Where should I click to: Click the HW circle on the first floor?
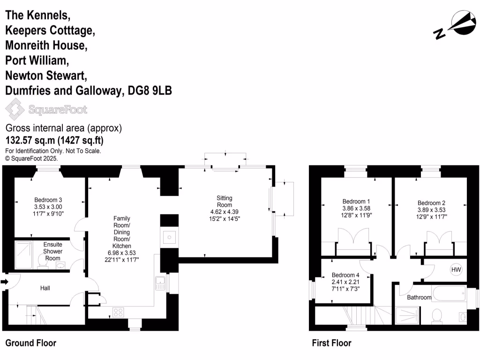coord(456,270)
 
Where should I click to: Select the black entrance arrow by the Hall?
coord(5,282)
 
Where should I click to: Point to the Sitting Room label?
coord(224,202)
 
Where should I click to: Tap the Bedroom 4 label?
coord(345,275)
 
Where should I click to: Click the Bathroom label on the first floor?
coord(419,297)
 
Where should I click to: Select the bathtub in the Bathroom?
coord(449,294)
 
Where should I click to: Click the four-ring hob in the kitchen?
coord(118,312)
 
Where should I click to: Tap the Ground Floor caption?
coord(31,343)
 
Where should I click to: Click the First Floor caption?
coord(332,343)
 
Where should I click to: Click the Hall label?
coord(45,288)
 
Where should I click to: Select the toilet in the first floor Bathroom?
coord(436,316)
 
